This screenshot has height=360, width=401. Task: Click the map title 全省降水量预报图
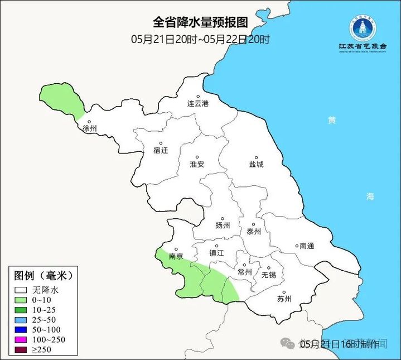200,22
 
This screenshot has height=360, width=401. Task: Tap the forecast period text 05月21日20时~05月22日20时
200,39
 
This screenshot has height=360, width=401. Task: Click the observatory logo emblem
363,27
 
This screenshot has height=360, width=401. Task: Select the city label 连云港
197,104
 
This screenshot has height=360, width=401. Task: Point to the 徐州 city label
89,128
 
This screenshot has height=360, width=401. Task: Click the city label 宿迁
161,150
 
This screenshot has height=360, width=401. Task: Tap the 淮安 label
197,164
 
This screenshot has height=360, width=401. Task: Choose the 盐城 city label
256,164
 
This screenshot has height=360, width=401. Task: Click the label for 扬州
223,225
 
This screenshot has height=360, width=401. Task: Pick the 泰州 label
253,232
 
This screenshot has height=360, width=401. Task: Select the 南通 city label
307,246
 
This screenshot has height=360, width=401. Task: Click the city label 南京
176,257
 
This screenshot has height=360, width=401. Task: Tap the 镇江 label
216,253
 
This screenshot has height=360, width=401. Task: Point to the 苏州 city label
284,299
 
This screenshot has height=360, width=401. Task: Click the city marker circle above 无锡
267,267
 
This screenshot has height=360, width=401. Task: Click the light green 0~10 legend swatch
22,300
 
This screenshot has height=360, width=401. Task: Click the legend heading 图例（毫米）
43,276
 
